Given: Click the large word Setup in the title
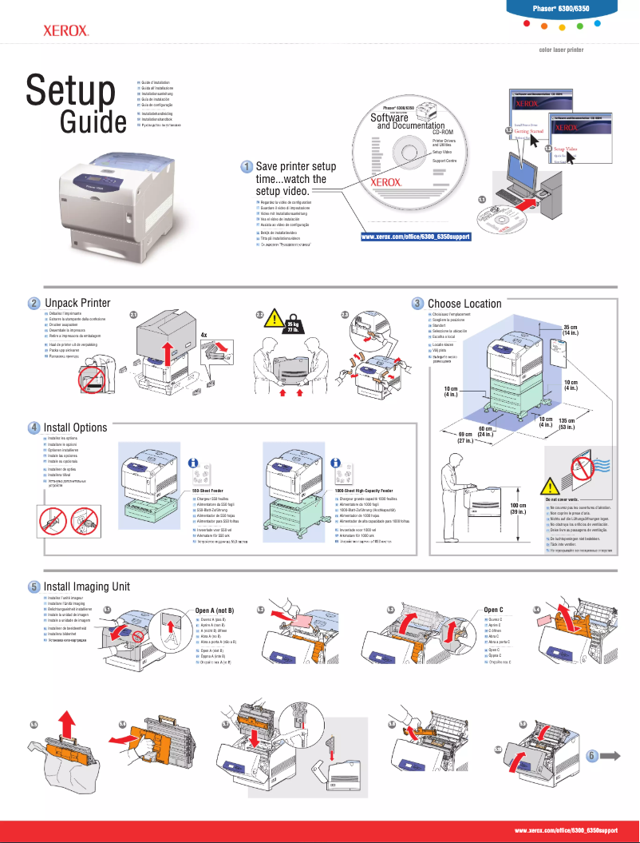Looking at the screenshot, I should (x=70, y=90).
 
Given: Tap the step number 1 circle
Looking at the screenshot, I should (x=248, y=166).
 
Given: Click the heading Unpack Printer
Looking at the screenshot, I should (x=77, y=303).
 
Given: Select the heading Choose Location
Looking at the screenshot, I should (x=464, y=304).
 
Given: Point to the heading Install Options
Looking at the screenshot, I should (x=75, y=427).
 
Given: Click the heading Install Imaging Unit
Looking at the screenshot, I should (x=86, y=587).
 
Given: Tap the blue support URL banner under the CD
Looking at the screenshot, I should (x=416, y=237).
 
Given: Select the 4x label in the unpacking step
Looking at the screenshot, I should (x=204, y=335).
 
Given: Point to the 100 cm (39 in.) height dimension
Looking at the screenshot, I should (x=518, y=509).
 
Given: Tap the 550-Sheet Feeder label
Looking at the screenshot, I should (x=207, y=490).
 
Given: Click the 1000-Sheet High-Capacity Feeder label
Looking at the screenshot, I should (x=363, y=490).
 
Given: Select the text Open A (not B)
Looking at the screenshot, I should (x=215, y=610).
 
